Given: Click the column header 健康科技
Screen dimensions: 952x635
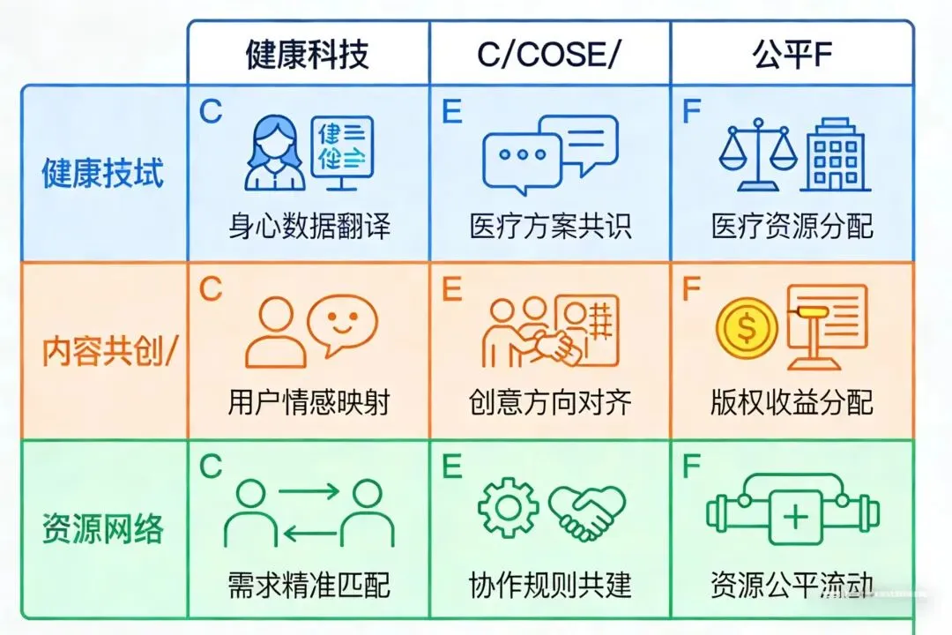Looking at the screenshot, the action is click(308, 55).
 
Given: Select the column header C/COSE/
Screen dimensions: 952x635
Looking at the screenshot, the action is click(550, 55).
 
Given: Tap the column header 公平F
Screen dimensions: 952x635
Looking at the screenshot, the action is click(792, 55).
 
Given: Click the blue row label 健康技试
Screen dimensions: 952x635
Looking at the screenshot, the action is click(103, 173).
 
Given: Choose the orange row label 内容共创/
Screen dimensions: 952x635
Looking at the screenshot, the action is click(108, 351).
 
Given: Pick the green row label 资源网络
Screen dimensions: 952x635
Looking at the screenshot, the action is click(103, 529).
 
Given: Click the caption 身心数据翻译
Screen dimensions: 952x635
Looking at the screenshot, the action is click(309, 228).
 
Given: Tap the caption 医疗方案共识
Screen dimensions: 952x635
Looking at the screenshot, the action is click(550, 228).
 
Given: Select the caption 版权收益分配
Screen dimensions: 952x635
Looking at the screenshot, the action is click(792, 403).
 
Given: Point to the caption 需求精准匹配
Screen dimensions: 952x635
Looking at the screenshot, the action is click(309, 584).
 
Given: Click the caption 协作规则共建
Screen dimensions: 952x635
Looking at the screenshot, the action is click(550, 584).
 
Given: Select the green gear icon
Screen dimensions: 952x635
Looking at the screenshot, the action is click(508, 507).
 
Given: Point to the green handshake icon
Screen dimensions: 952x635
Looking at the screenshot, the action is click(587, 510).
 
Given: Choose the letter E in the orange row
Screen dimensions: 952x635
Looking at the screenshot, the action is click(451, 288).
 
